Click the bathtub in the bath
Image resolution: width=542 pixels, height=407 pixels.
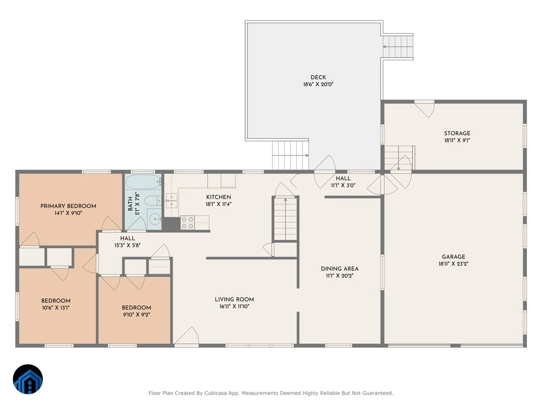tap(144, 182)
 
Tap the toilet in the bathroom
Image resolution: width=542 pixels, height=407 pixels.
tap(153, 201)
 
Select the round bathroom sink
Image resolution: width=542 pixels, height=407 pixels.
tap(154, 219)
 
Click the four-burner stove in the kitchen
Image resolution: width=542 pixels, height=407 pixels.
tap(187, 222)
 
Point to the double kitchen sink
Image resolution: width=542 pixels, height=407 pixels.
tap(172, 200)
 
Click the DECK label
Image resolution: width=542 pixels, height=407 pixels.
tap(318, 77)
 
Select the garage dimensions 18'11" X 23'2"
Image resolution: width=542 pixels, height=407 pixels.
tap(453, 264)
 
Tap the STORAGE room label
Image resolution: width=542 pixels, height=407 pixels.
tap(457, 133)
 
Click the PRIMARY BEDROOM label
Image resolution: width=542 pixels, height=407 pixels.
tap(68, 206)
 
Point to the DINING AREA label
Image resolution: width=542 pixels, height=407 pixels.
tap(340, 269)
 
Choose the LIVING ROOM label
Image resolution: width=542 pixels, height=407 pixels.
tap(234, 299)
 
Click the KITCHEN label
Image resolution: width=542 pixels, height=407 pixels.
tap(219, 197)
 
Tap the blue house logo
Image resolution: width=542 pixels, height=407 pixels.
tap(28, 379)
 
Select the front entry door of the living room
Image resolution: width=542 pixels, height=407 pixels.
tap(187, 336)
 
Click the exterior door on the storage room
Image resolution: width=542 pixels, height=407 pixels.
tap(425, 109)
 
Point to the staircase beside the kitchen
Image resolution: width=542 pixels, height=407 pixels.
tap(285, 219)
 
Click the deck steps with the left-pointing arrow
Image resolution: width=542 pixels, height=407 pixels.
tap(398, 47)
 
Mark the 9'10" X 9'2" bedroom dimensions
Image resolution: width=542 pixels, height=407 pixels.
tap(136, 315)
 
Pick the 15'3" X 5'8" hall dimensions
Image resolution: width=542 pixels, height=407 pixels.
tap(127, 246)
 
